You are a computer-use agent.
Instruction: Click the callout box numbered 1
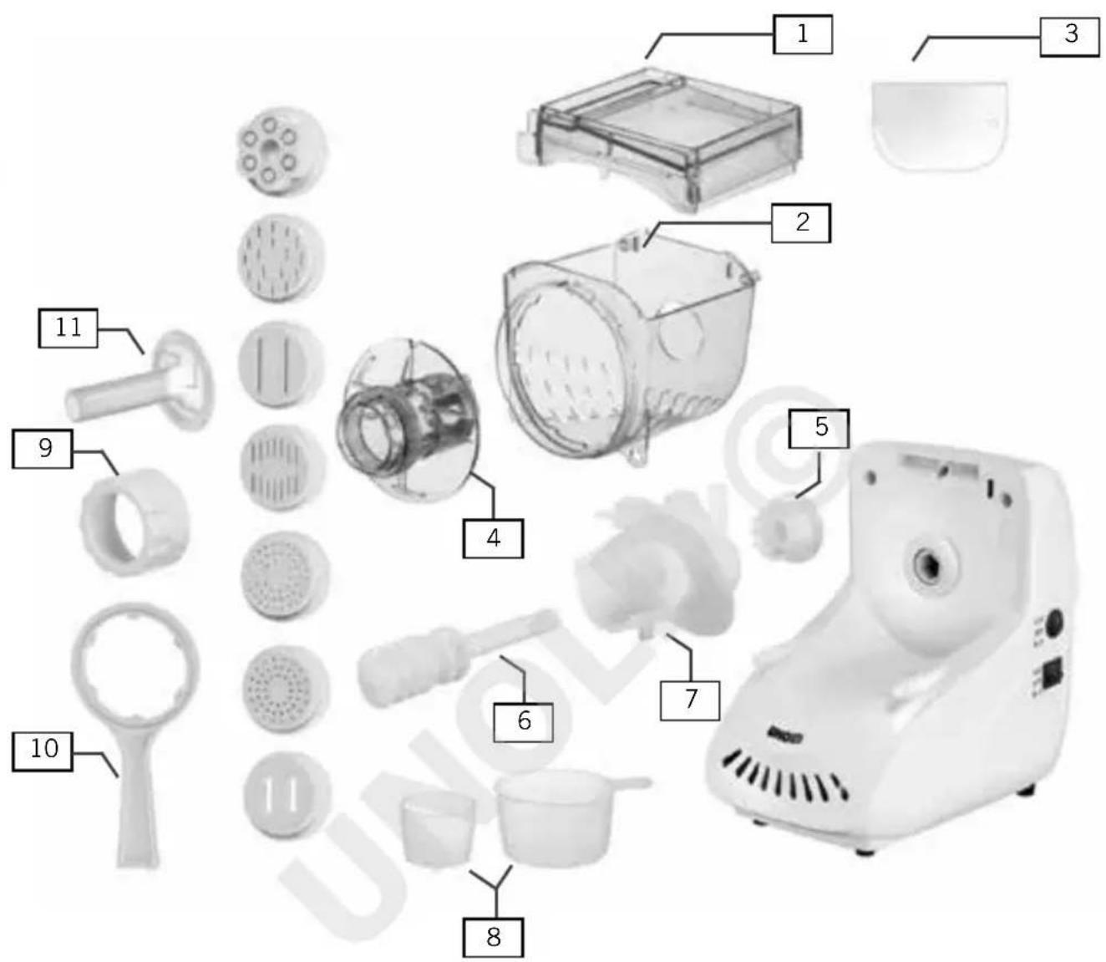tap(803, 34)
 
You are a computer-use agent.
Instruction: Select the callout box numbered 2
tap(801, 223)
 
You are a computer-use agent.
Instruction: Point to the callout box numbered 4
tap(493, 538)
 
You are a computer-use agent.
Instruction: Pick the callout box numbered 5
tap(819, 428)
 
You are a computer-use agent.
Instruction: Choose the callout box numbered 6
tap(523, 722)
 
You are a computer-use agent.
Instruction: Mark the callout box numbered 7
tap(690, 701)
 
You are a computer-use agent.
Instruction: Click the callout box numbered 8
tap(493, 938)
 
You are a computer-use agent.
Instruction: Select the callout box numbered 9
tap(42, 449)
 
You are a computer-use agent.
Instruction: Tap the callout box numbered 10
tap(42, 751)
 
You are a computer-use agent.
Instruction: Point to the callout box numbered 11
tap(68, 328)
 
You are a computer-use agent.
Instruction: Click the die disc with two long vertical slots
tap(282, 364)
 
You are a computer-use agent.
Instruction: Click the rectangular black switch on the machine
tap(1054, 674)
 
